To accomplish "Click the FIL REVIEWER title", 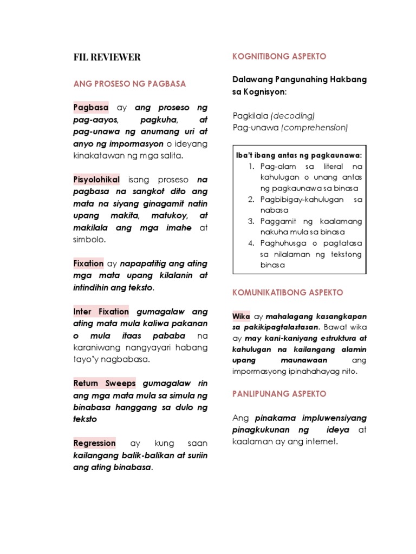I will tap(107, 57).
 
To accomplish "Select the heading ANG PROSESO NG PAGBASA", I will tap(129, 84).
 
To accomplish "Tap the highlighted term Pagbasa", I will tap(91, 107).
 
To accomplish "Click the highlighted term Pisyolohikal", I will tap(96, 179).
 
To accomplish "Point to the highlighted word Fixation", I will tap(88, 263).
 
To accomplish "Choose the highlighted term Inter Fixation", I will tap(101, 312).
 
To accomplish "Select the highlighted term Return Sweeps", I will tap(105, 384).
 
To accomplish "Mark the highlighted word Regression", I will tap(95, 443).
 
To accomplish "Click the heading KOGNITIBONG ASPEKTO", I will tap(279, 57).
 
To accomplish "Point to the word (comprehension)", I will tap(314, 128).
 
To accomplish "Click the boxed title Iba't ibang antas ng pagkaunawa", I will tap(299, 155).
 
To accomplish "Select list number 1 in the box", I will tap(251, 167).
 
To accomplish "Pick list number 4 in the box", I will tap(251, 243).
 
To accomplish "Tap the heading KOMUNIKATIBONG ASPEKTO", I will tap(288, 292).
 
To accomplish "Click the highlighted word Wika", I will tap(241, 316).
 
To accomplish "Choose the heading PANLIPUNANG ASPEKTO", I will tap(279, 394).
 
